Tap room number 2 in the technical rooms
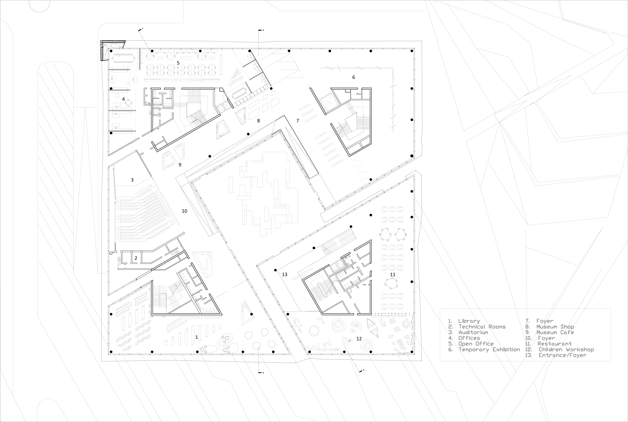point(136,258)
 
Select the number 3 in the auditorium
point(132,180)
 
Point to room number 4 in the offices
point(123,99)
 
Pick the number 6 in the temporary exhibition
point(353,77)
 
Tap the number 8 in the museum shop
point(258,121)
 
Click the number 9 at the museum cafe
point(180,165)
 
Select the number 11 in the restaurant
point(393,274)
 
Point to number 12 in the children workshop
point(359,339)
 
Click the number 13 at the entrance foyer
point(284,274)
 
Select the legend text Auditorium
point(473,332)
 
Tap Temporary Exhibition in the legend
point(489,350)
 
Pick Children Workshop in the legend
point(566,350)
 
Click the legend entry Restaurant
point(555,344)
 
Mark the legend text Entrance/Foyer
point(562,355)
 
